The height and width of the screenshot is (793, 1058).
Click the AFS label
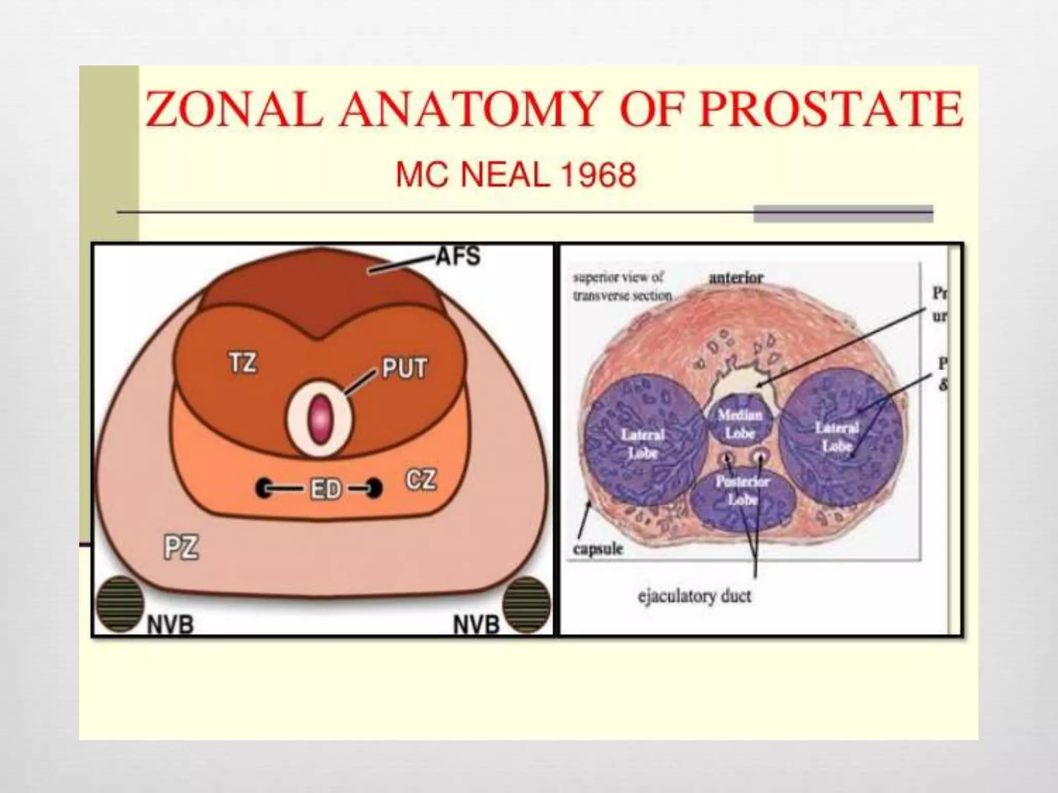[458, 256]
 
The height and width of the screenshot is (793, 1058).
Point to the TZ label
[242, 363]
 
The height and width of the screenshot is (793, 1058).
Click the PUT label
[404, 369]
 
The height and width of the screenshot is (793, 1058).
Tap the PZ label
[181, 547]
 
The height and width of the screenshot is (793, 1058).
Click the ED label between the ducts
[325, 488]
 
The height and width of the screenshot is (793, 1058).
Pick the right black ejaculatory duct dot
[374, 488]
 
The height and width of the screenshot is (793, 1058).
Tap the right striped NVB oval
[527, 604]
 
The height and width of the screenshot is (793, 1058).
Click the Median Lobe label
[740, 424]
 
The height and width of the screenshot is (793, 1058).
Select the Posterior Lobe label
[743, 490]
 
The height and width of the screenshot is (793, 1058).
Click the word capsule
[598, 549]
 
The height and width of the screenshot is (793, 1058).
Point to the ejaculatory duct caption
[694, 597]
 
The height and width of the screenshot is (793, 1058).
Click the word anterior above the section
[736, 278]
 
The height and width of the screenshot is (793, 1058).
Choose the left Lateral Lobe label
[643, 444]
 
